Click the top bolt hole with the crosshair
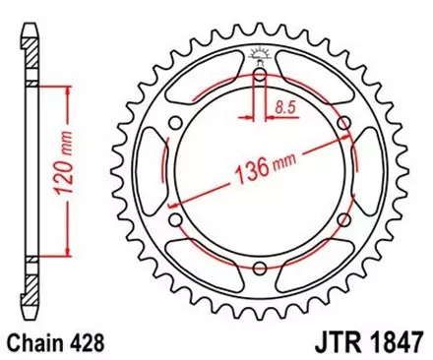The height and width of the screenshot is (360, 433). pyautogui.click(x=259, y=75)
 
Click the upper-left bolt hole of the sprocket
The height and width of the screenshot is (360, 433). pyautogui.click(x=175, y=121)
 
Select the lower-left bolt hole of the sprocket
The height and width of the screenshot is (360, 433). pyautogui.click(x=175, y=220)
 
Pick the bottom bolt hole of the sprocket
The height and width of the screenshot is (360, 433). pyautogui.click(x=259, y=268)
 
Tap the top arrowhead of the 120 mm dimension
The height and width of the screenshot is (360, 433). pyautogui.click(x=67, y=90)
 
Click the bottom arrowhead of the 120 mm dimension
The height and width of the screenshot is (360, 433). pyautogui.click(x=67, y=250)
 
